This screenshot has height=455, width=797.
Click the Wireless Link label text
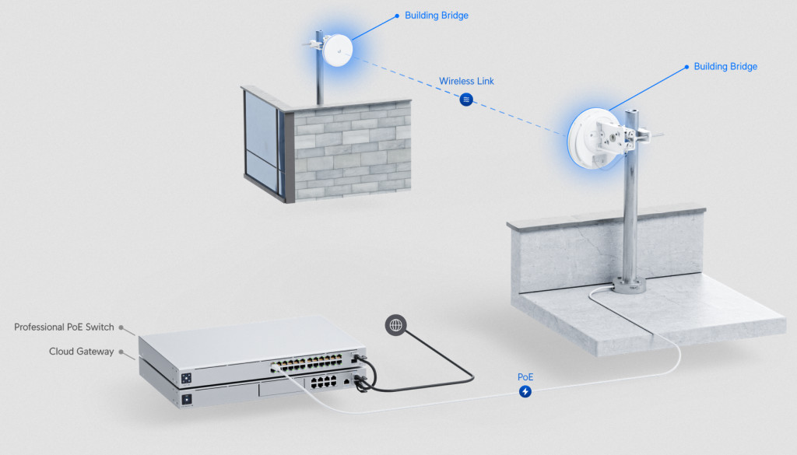click(466, 81)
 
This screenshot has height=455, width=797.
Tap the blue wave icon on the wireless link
click(466, 100)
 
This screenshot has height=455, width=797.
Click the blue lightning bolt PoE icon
click(526, 391)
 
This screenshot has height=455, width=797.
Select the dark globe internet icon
click(395, 325)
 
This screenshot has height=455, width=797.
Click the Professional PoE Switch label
click(64, 327)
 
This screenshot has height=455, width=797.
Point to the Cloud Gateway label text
click(81, 352)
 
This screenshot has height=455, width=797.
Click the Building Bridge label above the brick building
click(437, 15)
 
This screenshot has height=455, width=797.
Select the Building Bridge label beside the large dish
click(725, 67)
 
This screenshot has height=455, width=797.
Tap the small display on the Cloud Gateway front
click(186, 399)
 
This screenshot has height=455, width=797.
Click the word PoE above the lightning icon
click(526, 377)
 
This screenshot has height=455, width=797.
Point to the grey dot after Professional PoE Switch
click(121, 327)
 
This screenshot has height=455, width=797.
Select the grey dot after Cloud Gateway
click(121, 352)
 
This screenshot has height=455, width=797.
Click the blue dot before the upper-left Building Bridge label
click(397, 15)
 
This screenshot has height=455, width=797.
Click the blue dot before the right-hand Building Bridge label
click(686, 67)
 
